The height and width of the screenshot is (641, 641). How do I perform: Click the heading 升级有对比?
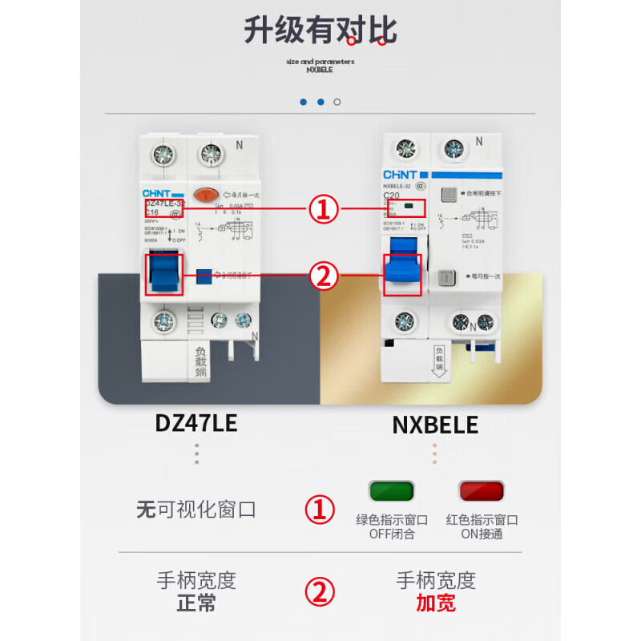pos(320,31)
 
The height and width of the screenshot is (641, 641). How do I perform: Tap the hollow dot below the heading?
pos(337,102)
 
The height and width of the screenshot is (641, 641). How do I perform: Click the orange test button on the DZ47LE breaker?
pos(207,195)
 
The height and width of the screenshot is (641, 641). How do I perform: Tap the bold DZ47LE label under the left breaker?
pos(196,423)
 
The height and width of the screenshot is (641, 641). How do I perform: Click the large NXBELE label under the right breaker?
pos(435,424)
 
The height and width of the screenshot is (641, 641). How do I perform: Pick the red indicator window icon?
pos(481,492)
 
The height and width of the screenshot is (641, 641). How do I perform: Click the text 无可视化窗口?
pos(196,509)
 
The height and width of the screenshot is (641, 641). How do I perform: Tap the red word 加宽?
pos(436,603)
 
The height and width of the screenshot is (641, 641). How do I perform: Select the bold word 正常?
pos(196,603)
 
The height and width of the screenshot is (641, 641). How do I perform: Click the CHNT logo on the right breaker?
pos(398,174)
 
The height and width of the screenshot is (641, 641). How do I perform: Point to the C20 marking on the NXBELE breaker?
pos(393,195)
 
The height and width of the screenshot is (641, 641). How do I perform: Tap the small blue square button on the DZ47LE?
pos(204,275)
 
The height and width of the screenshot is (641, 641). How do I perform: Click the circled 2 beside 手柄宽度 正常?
pos(321,592)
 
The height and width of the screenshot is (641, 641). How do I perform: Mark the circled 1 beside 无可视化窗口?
pos(321,510)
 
